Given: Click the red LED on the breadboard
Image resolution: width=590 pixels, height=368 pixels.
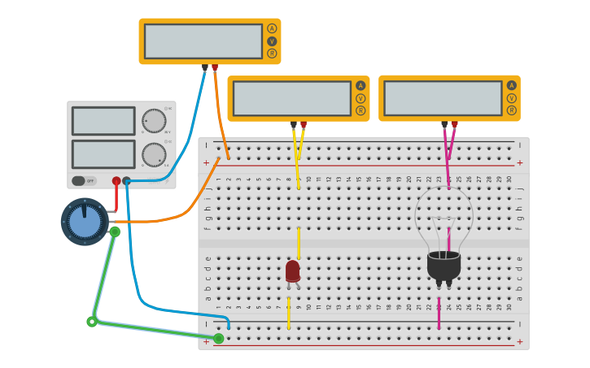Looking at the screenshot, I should point(293,271).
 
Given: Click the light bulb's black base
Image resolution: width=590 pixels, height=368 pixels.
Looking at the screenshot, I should point(444,265).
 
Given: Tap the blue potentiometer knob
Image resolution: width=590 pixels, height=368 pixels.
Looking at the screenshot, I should point(85,222).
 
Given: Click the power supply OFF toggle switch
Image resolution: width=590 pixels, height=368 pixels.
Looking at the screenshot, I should point(79,181).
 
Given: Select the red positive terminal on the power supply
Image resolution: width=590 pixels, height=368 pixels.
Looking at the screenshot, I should point(116,181).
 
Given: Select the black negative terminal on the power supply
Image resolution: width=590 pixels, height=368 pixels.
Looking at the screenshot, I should point(126,181).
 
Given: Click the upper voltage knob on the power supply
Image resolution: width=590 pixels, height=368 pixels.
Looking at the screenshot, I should point(154,121).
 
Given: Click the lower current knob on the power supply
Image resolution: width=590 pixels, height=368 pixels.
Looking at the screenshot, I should point(154,154).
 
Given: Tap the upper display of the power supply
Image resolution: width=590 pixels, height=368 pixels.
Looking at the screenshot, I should point(103,121).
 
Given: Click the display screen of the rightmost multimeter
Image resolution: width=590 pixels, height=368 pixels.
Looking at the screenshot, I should point(443,98).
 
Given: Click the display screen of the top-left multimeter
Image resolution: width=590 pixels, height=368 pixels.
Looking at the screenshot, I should point(203,41).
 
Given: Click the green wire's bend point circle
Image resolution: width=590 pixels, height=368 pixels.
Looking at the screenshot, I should point(92,322).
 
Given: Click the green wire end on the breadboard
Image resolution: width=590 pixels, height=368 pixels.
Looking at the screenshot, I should point(218,338).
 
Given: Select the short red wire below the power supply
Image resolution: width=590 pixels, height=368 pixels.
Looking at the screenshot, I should point(116,198).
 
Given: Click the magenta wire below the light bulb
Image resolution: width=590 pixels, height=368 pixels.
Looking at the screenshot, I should point(439,313).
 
